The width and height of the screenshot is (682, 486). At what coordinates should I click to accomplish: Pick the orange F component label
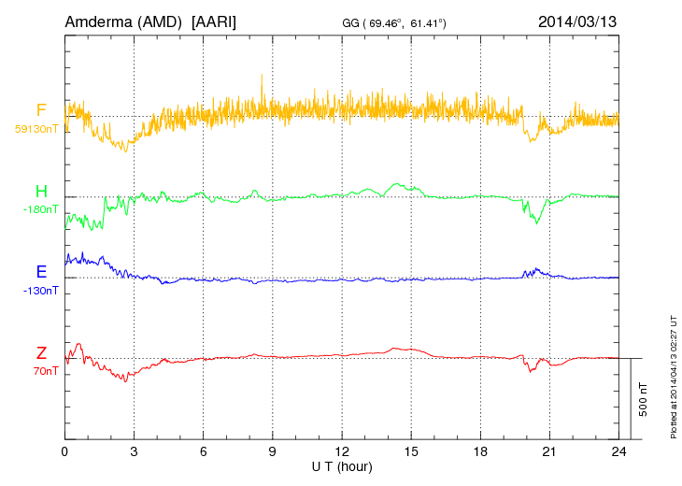(41, 110)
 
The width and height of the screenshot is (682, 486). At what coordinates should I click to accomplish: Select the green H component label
(41, 192)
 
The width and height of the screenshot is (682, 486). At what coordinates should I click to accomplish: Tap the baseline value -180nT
(41, 209)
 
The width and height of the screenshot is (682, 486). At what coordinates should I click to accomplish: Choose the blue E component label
(41, 272)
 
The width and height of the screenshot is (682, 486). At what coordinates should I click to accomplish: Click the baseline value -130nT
(41, 290)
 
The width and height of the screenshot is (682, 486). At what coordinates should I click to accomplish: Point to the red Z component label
(41, 353)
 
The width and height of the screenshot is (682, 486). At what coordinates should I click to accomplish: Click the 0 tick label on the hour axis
(64, 451)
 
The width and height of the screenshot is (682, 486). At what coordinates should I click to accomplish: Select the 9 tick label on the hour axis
(273, 451)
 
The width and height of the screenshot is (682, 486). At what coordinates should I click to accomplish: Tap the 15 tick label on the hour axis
(411, 451)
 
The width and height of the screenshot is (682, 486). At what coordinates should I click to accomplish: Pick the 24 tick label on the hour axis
(618, 451)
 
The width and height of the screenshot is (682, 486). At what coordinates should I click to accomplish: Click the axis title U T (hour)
(342, 465)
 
